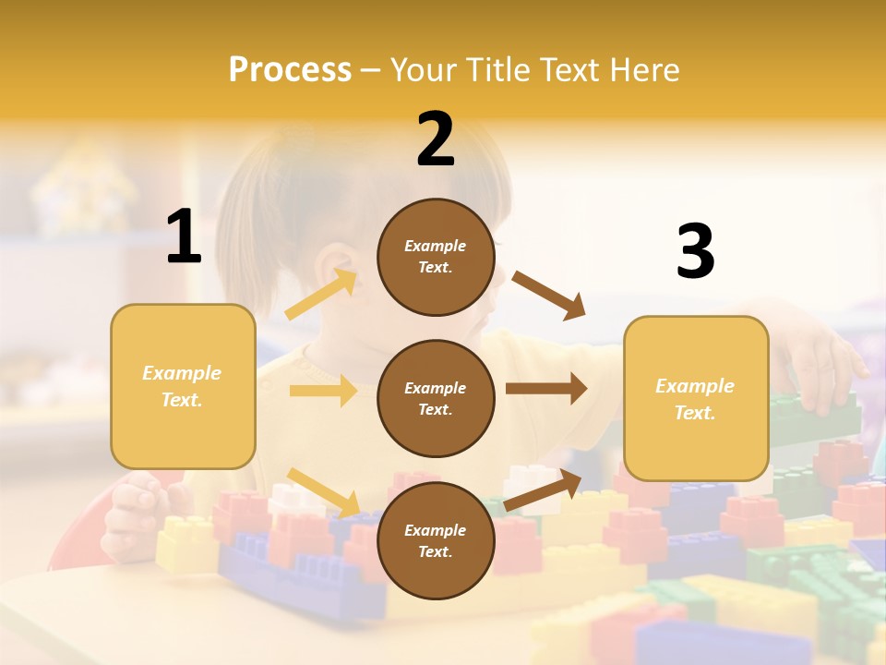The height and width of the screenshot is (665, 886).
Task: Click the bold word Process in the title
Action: point(290,69)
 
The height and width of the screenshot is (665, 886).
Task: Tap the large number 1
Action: point(184,237)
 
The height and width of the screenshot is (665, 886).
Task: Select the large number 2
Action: point(436,139)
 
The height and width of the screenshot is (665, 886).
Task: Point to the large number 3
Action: point(695,252)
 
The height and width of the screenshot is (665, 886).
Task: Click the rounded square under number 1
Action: point(183,386)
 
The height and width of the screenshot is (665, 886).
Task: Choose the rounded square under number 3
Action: point(696,399)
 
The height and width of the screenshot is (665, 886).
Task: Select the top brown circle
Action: point(436,257)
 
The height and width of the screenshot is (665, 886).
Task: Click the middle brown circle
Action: point(436,399)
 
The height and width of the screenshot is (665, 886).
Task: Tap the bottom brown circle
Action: point(436,541)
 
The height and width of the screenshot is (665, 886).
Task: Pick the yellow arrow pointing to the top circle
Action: point(321,295)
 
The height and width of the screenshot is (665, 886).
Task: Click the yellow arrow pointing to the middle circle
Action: point(323,391)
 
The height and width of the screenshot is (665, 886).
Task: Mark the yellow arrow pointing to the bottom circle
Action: point(323,491)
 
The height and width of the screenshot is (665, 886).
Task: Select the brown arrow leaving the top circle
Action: point(549,295)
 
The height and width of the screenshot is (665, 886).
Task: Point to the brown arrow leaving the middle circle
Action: point(545,389)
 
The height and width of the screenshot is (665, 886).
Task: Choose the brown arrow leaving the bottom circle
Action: point(544,490)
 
